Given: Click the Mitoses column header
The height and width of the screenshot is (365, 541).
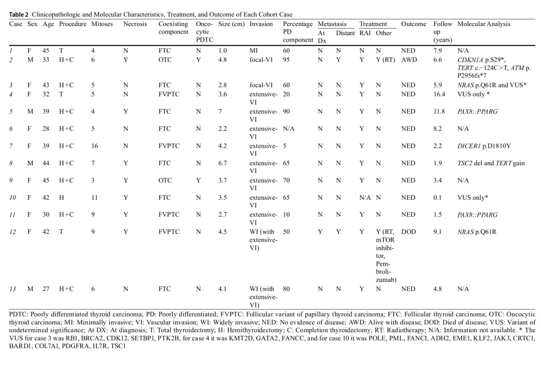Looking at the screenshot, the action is click(102, 24).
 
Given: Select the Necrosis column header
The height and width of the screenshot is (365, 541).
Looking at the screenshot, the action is click(135, 24).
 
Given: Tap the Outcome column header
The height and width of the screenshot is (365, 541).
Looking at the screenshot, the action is click(413, 24).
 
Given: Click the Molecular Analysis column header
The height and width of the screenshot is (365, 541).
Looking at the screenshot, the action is click(483, 24).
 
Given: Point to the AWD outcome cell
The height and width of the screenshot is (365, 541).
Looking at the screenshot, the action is click(409, 60).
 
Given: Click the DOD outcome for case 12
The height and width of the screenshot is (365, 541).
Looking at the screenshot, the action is click(409, 232).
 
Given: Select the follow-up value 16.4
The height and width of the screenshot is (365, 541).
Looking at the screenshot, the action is click(439, 94).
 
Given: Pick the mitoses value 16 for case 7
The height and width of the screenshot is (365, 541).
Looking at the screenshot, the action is click(95, 146).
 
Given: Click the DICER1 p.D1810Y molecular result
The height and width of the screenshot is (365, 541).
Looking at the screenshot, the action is click(484, 146).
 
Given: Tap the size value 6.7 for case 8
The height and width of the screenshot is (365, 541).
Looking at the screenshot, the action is click(222, 163).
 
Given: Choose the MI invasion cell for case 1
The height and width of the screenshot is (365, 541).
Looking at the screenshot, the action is click(253, 51).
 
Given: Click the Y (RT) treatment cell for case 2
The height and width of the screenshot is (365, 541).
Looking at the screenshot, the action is click(385, 60).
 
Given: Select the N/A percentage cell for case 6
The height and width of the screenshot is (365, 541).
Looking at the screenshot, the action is click(289, 129).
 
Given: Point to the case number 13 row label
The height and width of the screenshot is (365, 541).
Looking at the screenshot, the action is click(13, 289).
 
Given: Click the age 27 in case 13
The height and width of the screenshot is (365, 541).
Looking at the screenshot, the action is click(46, 289).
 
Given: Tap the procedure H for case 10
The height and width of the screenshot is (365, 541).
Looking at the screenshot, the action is click(62, 198).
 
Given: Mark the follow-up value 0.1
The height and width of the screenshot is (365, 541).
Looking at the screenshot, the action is click(437, 198).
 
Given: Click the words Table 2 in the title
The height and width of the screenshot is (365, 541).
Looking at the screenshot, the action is click(19, 15).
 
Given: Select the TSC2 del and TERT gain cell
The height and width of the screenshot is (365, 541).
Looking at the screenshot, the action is click(490, 163).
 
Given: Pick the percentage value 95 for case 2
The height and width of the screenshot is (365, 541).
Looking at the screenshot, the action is click(287, 60).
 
